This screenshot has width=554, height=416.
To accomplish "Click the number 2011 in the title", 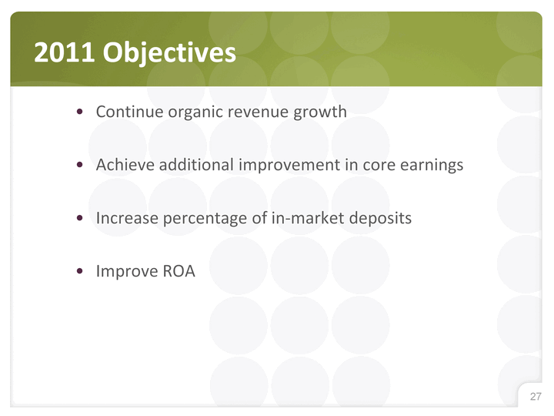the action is (65, 52).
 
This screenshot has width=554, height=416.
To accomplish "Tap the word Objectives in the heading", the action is (169, 53).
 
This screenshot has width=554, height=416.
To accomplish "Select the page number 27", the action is (536, 396).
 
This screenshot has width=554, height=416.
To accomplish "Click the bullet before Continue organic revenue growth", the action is (79, 112).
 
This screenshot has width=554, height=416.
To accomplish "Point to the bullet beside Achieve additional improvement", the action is (79, 165).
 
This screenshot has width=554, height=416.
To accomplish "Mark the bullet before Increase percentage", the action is (79, 218).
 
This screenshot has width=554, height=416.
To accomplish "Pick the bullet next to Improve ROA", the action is (79, 271).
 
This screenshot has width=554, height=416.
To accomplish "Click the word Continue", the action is (130, 112).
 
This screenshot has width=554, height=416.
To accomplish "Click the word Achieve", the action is (125, 165).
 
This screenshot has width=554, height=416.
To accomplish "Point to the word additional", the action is (196, 165).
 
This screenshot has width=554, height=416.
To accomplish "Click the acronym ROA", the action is (179, 271).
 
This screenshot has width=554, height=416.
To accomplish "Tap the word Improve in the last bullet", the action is (127, 273).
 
